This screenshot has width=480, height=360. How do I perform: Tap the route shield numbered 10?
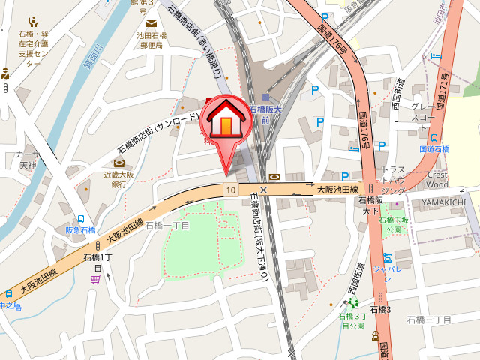230,190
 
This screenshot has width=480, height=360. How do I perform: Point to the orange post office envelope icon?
151,22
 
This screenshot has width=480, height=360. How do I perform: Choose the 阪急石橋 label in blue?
80,230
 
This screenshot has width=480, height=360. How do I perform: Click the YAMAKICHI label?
443,202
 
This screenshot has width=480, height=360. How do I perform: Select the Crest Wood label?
437,179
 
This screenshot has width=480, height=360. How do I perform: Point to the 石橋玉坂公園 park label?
394,224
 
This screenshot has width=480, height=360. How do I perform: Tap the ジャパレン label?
387,268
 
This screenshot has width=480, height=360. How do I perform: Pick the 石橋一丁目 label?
167,226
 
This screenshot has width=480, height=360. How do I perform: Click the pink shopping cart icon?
95,279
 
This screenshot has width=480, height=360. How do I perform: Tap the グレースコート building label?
423,112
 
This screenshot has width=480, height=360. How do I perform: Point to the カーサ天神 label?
28,159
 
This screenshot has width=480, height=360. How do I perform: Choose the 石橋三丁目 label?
429,319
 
